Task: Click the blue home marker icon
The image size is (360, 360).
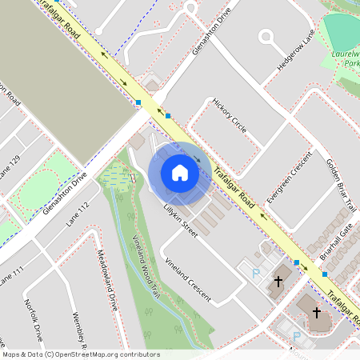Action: pos(179,173)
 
